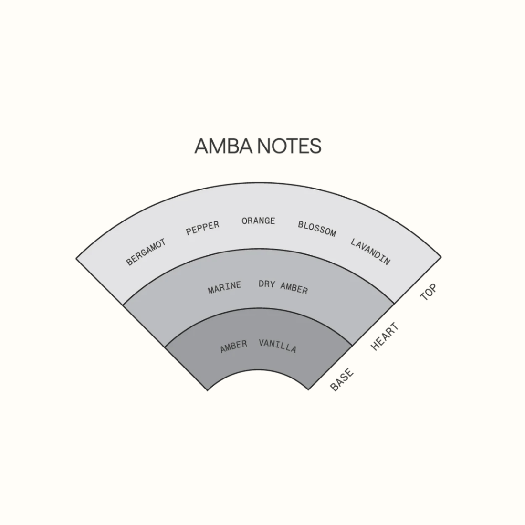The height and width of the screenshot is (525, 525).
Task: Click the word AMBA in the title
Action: [x=223, y=146]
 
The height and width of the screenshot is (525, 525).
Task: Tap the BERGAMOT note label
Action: [x=146, y=252]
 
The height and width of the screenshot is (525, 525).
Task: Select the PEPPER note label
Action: [x=202, y=228]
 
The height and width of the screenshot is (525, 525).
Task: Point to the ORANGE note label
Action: [x=258, y=220]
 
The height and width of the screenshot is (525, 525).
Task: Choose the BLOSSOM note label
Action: [x=317, y=229]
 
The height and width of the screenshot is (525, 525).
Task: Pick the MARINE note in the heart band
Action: [x=224, y=288]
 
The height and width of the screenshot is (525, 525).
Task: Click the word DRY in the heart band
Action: [x=267, y=284]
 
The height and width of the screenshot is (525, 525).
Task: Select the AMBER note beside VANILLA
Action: [x=234, y=346]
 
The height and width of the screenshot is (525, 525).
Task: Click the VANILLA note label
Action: [x=278, y=346]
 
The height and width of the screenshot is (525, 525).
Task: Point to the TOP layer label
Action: [x=429, y=292]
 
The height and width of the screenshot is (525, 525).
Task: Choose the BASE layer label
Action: [x=342, y=379]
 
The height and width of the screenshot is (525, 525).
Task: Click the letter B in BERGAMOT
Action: [x=129, y=262]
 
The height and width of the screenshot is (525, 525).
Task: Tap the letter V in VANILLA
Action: [x=262, y=343]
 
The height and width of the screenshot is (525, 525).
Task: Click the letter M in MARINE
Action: [x=211, y=290]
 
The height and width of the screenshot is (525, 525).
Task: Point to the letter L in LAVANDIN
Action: [x=353, y=242]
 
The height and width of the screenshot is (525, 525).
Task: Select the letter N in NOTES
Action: [x=264, y=146]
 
